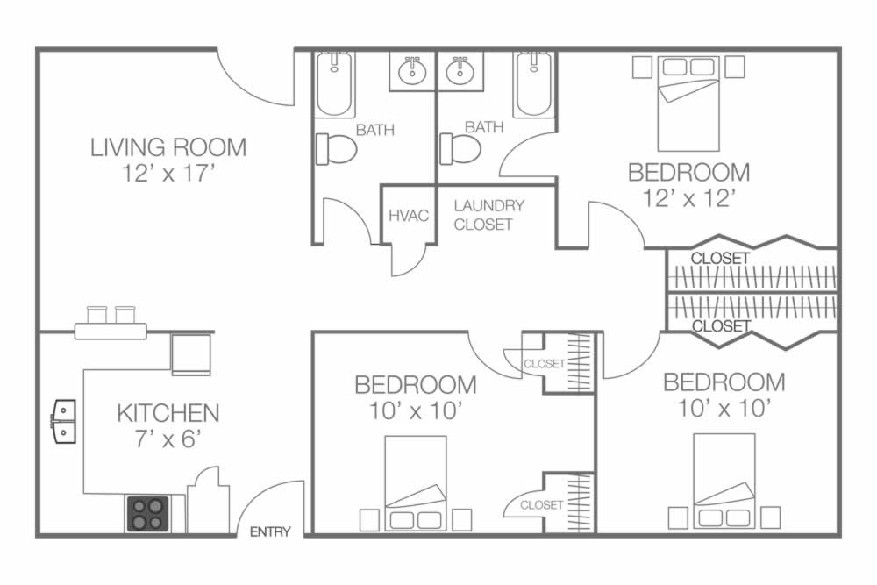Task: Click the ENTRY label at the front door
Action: pyautogui.click(x=270, y=531)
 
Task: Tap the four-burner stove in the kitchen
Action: pyautogui.click(x=148, y=514)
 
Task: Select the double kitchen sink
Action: pyautogui.click(x=63, y=421)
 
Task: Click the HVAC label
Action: pyautogui.click(x=409, y=216)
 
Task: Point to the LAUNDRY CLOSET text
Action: pyautogui.click(x=488, y=215)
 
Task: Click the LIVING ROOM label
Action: pyautogui.click(x=168, y=147)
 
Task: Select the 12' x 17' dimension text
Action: pyautogui.click(x=168, y=173)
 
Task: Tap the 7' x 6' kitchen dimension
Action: pyautogui.click(x=168, y=439)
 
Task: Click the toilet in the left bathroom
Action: pyautogui.click(x=337, y=149)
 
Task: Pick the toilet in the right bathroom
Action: pyautogui.click(x=460, y=149)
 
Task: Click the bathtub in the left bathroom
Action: pyautogui.click(x=334, y=84)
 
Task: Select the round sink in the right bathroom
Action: pyautogui.click(x=460, y=71)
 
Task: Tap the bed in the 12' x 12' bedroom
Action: pyautogui.click(x=688, y=103)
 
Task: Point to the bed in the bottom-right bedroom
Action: pyautogui.click(x=724, y=481)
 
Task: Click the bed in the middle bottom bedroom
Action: pyautogui.click(x=416, y=483)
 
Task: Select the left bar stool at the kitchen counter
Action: pyautogui.click(x=96, y=315)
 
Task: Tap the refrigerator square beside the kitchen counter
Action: pyautogui.click(x=190, y=354)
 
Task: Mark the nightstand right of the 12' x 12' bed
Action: pyautogui.click(x=734, y=67)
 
